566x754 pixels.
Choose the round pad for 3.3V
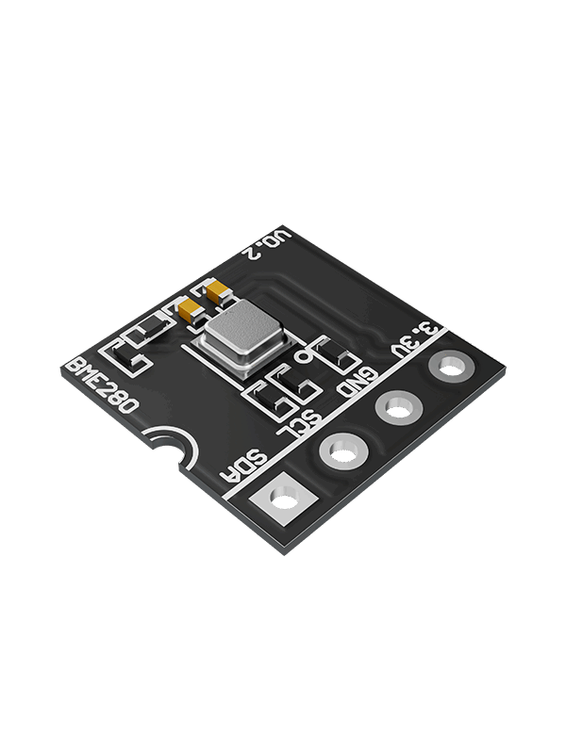(x=449, y=365)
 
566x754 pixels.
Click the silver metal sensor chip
(x=240, y=331)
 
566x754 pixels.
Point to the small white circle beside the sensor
(x=303, y=357)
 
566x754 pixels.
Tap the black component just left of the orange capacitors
(x=151, y=329)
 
